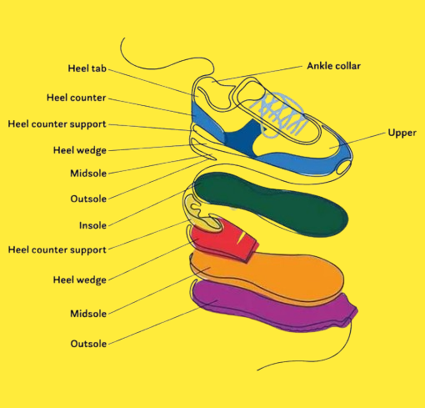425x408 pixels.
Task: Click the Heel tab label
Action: pos(87,68)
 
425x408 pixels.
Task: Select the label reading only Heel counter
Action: pos(77,98)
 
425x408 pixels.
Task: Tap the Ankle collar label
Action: pos(333,66)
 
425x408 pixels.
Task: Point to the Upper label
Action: pos(402,133)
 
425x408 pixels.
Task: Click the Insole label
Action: pos(92,225)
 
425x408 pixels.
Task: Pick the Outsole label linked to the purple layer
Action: pos(88,344)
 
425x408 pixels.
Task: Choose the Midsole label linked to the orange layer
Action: pos(88,314)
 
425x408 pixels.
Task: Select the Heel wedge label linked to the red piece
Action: pos(80,280)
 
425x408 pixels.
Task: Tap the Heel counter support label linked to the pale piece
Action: pos(57,249)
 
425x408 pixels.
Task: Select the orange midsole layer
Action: pos(267,275)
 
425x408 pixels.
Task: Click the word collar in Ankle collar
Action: pos(347,66)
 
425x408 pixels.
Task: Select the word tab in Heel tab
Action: pos(99,68)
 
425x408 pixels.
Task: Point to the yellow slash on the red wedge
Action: pos(241,238)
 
